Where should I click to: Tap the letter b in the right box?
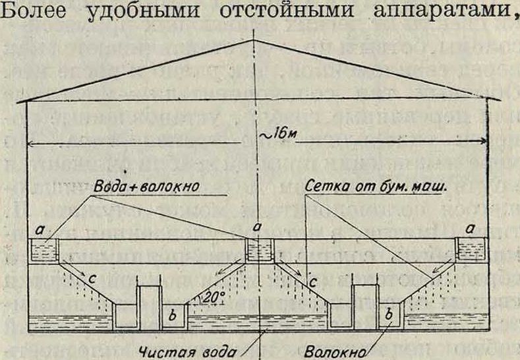(390, 315)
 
